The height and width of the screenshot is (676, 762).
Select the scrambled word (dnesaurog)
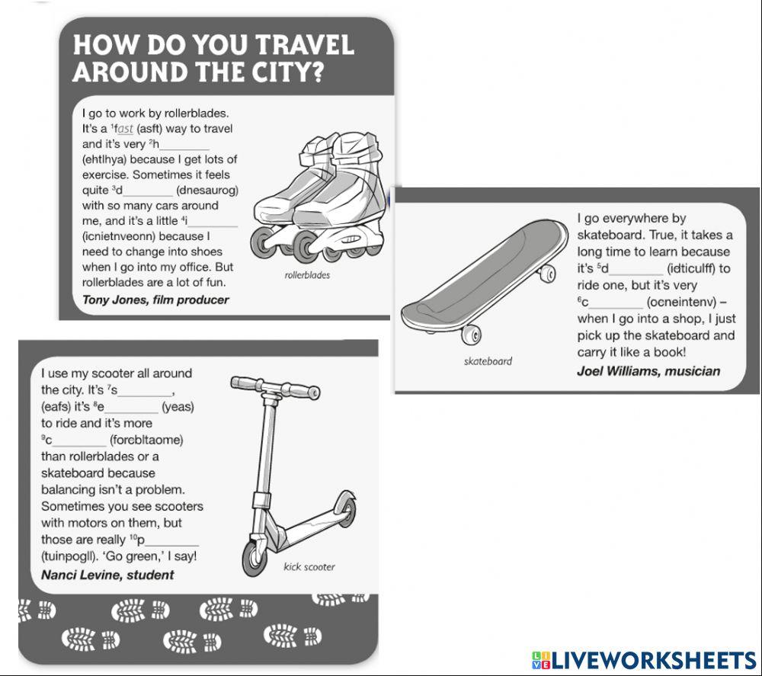207,190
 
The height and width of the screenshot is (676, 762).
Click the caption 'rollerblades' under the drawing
307,275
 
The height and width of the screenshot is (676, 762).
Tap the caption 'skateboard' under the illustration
488,361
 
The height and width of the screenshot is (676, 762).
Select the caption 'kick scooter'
309,567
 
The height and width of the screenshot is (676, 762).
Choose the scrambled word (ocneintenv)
681,303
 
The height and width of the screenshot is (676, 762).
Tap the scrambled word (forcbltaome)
146,441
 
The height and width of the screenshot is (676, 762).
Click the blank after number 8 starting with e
130,408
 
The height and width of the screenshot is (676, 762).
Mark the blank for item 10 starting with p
171,541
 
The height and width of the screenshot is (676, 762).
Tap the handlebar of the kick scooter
275,387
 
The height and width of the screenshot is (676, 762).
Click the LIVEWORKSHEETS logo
644,660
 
